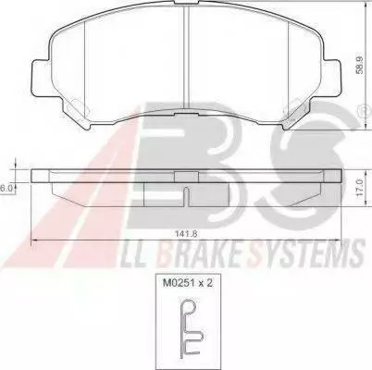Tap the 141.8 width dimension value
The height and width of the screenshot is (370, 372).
point(186,233)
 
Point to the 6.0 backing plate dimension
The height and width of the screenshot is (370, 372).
point(6,189)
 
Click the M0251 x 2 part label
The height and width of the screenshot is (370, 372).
point(188,283)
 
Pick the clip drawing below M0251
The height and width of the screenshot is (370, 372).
point(191,329)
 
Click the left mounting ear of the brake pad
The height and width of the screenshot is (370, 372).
point(42,77)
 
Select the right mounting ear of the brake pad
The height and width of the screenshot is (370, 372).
point(331,77)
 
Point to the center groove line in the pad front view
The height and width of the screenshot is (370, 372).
point(186,57)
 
